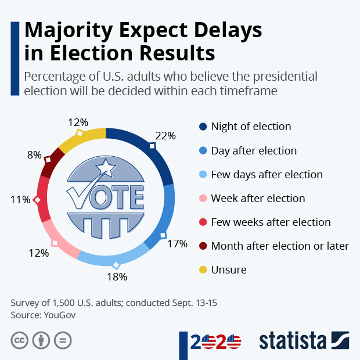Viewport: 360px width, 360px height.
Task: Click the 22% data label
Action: [165, 135]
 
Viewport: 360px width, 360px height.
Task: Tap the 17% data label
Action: [177, 244]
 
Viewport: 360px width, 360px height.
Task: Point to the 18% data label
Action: [117, 276]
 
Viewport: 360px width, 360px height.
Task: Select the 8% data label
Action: [34, 155]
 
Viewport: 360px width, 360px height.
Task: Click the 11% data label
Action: [20, 200]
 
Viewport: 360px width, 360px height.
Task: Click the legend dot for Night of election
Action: [203, 127]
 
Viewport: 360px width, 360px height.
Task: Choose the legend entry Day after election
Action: [254, 151]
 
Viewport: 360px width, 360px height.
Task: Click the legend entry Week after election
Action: [258, 199]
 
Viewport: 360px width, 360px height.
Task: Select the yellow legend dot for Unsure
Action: [203, 270]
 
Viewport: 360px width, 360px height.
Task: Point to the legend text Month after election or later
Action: [280, 246]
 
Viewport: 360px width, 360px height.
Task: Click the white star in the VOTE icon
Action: [106, 168]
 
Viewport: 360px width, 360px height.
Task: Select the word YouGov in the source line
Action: [60, 315]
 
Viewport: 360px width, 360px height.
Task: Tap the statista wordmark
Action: [293, 340]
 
